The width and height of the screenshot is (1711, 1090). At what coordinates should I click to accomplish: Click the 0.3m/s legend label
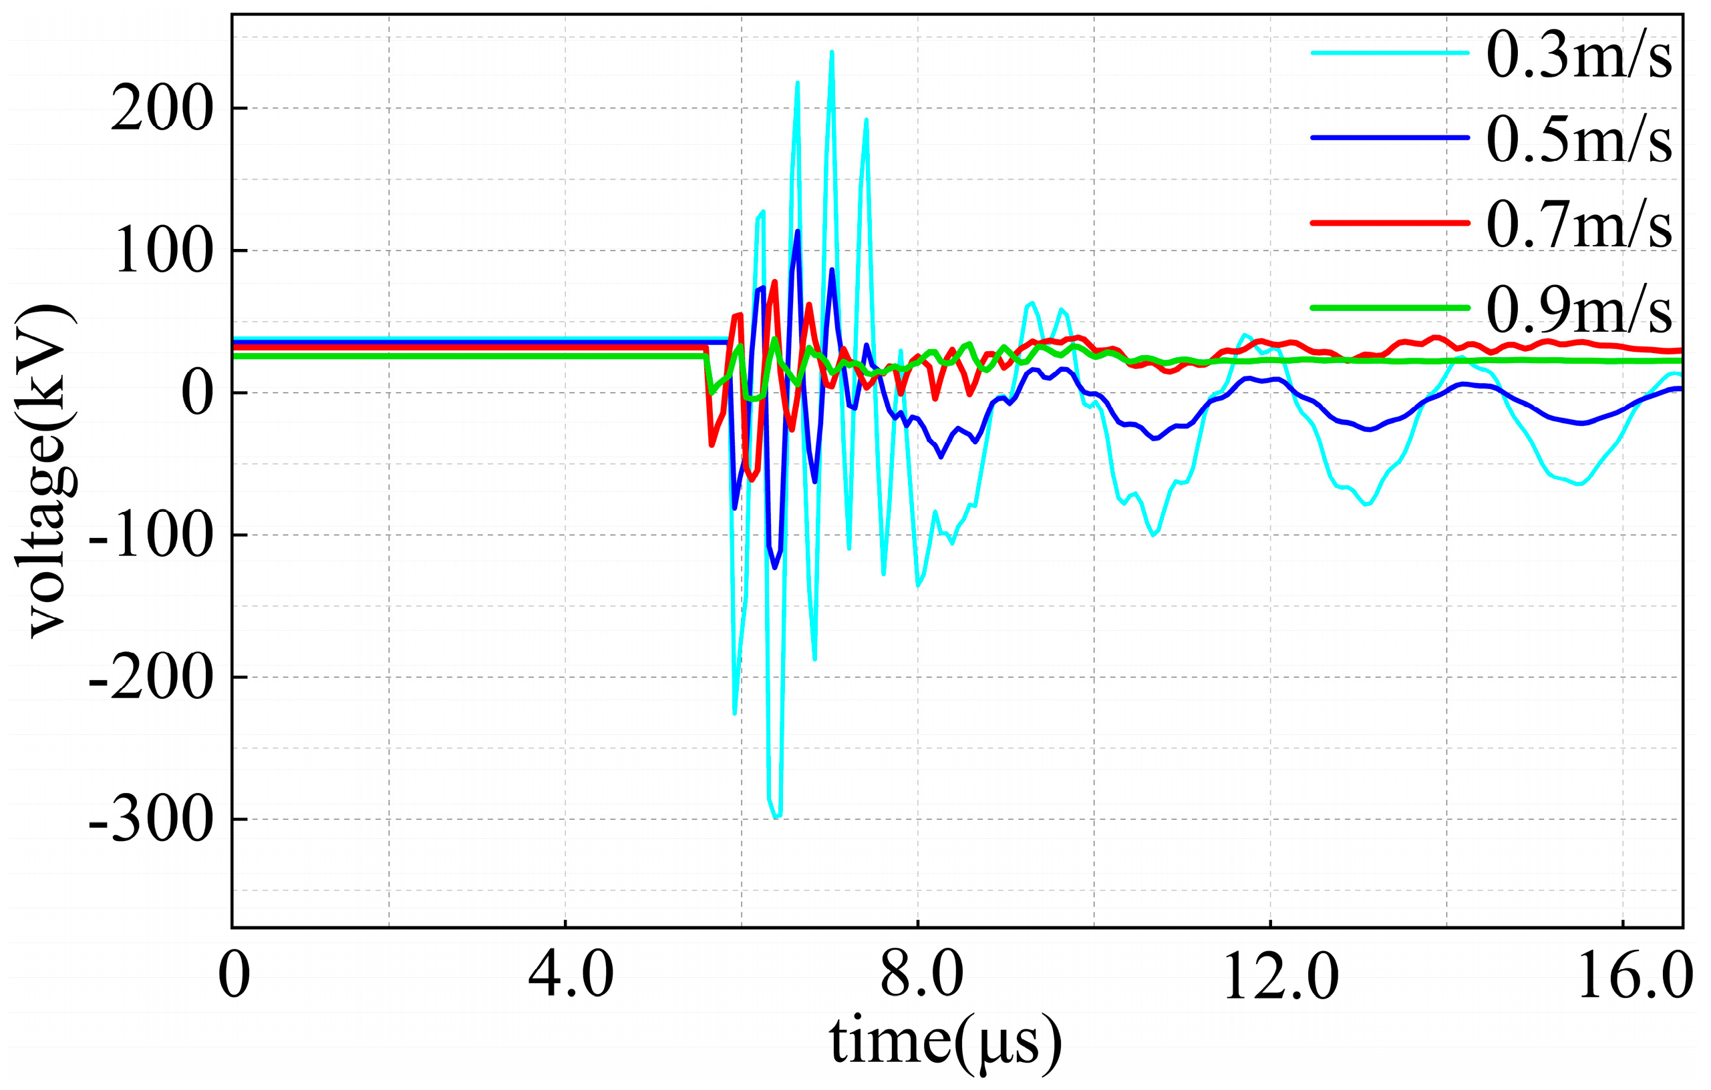1578,55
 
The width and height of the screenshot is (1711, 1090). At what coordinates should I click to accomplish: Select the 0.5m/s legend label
1578,140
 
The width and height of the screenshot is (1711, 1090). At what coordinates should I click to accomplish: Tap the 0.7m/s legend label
1578,224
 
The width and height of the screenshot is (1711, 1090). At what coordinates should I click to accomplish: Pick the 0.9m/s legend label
1578,309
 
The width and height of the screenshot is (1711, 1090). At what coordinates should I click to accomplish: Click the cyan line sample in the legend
1390,52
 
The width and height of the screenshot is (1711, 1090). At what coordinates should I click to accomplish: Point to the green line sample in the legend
1390,308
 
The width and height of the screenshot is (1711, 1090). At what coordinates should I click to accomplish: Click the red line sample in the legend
1390,223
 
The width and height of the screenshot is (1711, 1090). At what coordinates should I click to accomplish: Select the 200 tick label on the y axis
162,109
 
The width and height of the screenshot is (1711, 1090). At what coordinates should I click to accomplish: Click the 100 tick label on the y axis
162,251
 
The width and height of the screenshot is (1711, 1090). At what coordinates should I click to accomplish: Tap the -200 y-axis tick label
150,677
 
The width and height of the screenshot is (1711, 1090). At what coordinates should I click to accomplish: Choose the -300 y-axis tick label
150,820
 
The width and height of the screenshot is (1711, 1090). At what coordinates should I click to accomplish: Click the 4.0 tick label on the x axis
571,976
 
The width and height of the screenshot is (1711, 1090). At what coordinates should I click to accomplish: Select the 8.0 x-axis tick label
921,976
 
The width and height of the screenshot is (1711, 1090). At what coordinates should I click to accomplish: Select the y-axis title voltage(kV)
44,472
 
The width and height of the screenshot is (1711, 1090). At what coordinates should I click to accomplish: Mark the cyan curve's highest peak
831,52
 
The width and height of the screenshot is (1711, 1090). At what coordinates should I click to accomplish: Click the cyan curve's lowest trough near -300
776,816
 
